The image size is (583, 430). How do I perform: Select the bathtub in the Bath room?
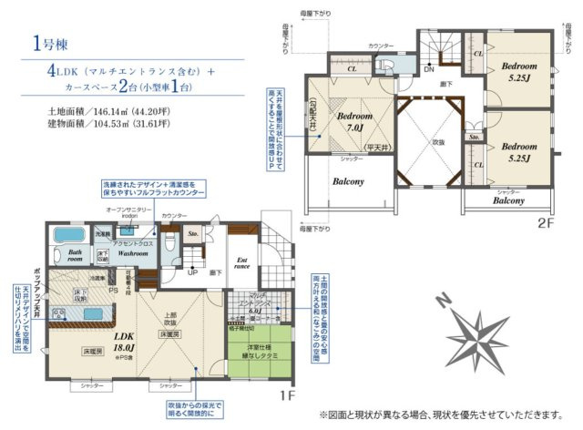coord(68,236)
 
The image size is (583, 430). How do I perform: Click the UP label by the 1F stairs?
coord(192,272)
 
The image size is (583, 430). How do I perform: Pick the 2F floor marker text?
coord(545,221)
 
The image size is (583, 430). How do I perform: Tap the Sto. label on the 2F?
coord(475,138)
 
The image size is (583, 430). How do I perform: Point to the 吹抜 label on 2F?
coord(439,143)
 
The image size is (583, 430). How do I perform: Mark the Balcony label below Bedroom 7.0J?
coord(348,181)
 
